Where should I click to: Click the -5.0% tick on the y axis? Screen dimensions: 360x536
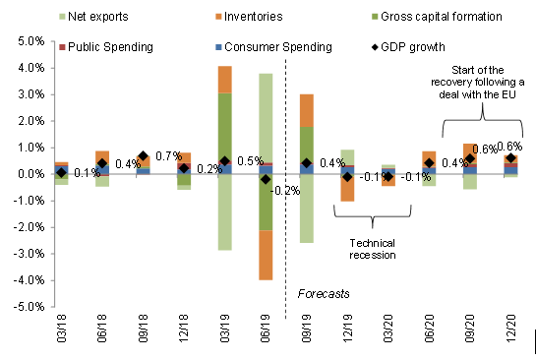[27, 306]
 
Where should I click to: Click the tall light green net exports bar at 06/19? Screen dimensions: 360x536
[266, 118]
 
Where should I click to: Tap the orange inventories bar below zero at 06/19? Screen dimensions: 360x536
[266, 255]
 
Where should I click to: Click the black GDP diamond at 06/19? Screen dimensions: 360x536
[266, 179]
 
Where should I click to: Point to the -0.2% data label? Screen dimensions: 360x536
[287, 190]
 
